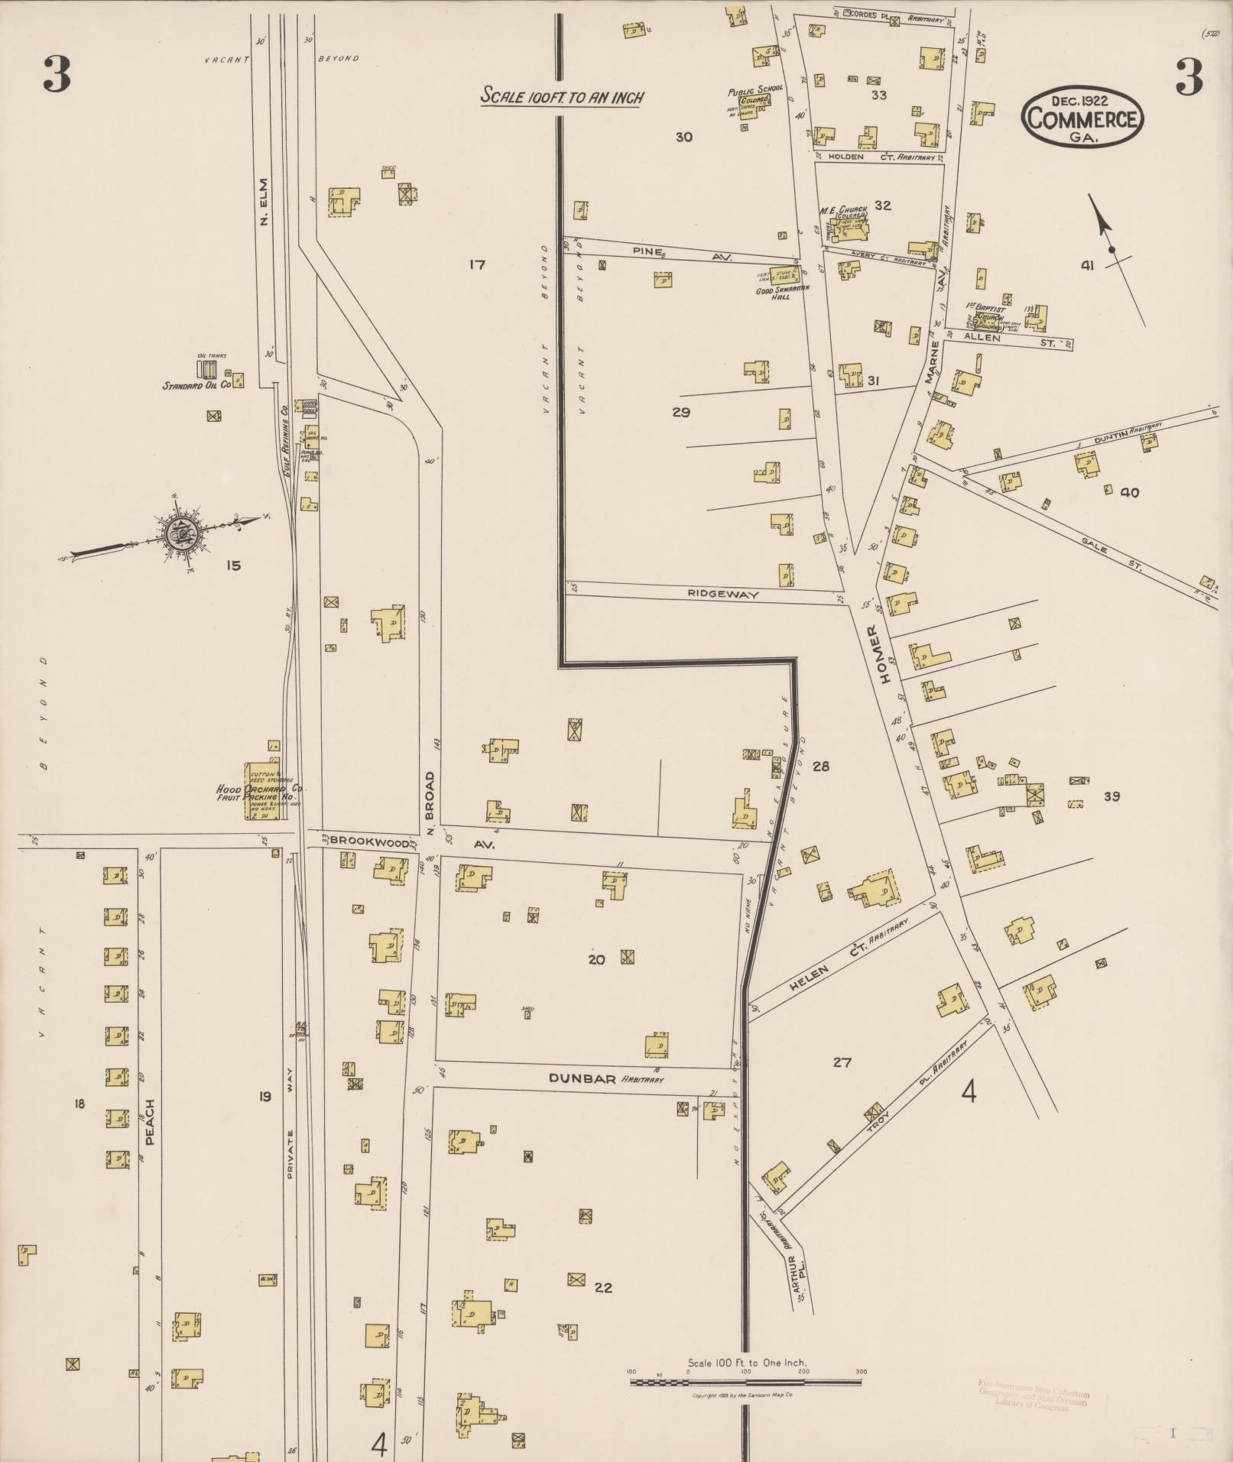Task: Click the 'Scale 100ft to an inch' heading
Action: [x=562, y=97]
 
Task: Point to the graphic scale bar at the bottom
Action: [x=745, y=1382]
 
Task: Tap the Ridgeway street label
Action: [x=722, y=594]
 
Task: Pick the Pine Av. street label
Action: [x=680, y=254]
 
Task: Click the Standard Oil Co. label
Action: [x=196, y=386]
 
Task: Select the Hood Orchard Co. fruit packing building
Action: [x=261, y=791]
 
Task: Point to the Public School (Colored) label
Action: [x=754, y=94]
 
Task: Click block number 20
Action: [x=596, y=959]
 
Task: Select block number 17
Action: [x=477, y=265]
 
